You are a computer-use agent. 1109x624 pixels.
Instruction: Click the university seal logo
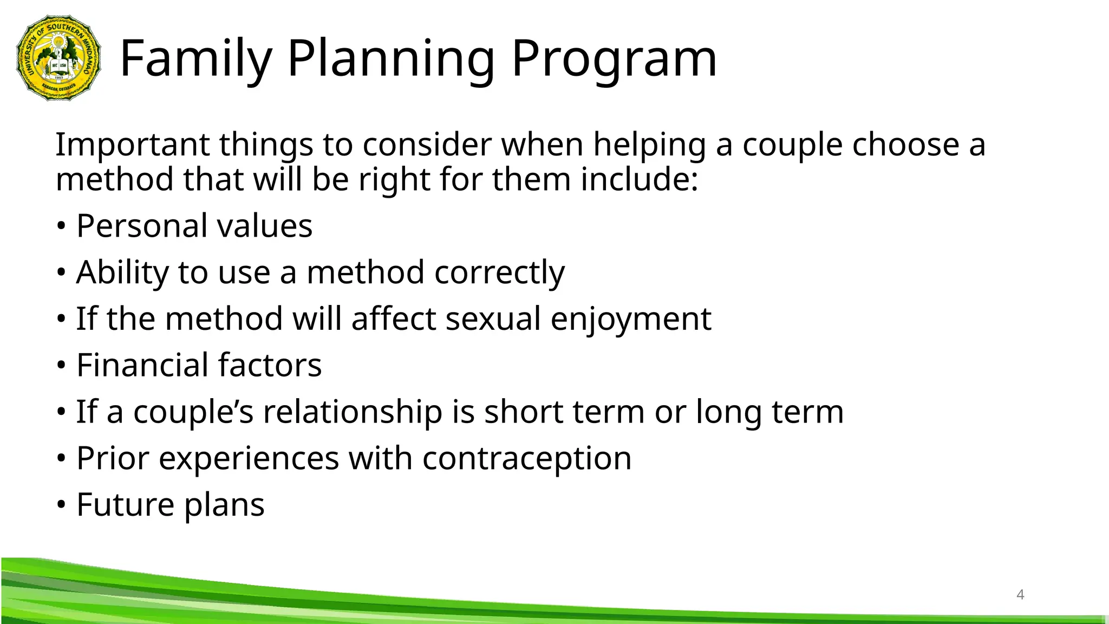(58, 58)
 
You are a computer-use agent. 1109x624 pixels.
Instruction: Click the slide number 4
(1020, 595)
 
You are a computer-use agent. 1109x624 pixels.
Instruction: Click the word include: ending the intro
(639, 180)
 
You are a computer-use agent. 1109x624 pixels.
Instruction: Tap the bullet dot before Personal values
(61, 226)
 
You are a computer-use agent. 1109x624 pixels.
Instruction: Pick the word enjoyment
(630, 319)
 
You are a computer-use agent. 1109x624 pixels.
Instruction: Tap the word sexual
(493, 318)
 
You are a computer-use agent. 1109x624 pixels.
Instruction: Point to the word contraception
(526, 459)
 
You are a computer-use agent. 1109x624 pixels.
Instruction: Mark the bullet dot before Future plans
(61, 505)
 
